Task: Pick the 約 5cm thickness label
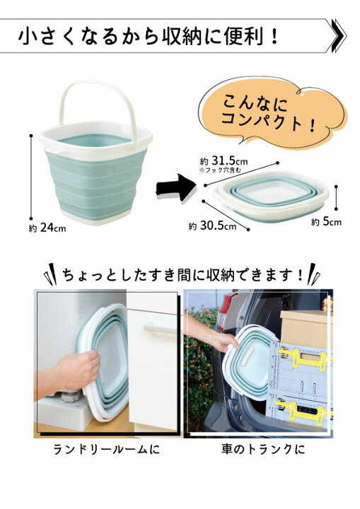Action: click(x=327, y=221)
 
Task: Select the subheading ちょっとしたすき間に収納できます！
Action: click(x=181, y=273)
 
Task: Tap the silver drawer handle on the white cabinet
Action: click(x=158, y=328)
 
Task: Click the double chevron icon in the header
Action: click(x=337, y=35)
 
